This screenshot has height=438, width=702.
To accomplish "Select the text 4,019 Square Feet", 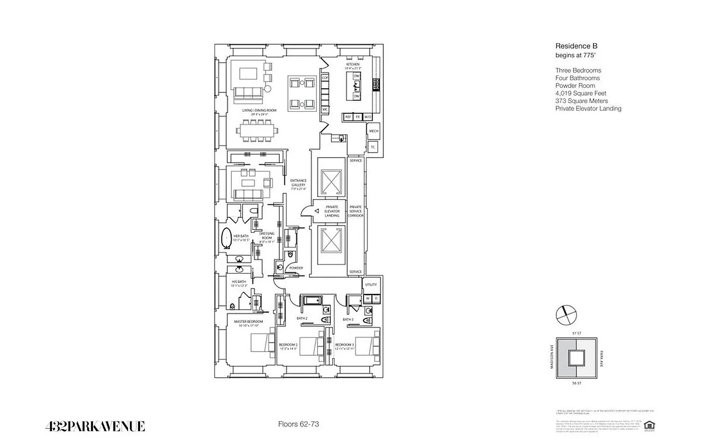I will point(580,93).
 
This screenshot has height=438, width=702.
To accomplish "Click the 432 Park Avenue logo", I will point(95,426).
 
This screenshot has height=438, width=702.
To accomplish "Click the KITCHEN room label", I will point(352,64).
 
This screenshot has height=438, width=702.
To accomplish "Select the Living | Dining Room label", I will point(260,111).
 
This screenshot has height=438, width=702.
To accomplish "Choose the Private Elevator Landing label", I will point(332,211).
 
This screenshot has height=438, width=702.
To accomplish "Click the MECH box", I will point(373,131).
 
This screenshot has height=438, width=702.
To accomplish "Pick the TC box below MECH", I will point(373,147).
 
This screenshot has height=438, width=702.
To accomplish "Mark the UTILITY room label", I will point(371,285).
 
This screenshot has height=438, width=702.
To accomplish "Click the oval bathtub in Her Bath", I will point(226,239).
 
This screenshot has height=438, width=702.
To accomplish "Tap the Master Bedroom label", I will point(248,321).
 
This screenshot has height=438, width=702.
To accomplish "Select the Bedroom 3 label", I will point(345,345).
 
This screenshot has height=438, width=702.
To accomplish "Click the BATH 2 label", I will point(302,319).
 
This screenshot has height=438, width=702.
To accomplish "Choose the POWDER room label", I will point(296,268).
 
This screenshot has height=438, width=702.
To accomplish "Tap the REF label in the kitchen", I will point(348,117).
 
